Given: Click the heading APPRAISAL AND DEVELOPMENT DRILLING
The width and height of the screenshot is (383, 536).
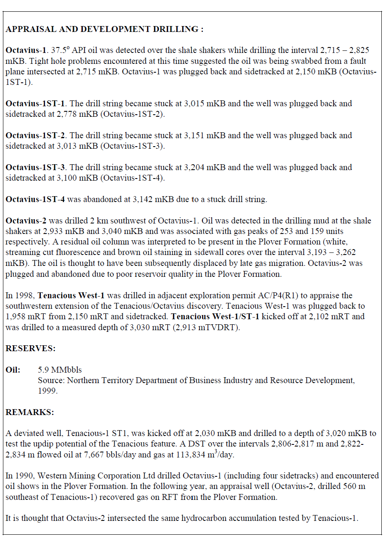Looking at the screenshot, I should [104, 29].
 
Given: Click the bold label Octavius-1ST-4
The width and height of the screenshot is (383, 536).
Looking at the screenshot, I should [35, 199].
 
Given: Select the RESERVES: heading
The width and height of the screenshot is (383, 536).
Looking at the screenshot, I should [30, 348].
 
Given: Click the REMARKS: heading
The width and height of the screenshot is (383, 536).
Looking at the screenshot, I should [30, 412].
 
